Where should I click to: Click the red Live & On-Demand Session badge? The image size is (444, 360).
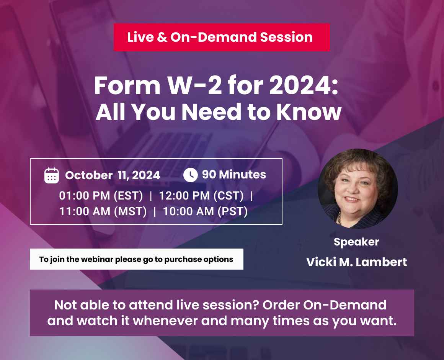coord(221,37)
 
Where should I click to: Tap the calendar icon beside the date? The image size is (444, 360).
coord(52,175)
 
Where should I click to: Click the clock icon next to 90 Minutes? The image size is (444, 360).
coord(190,175)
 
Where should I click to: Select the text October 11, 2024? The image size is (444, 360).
coord(113,175)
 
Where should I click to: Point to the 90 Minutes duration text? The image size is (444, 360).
coord(234,175)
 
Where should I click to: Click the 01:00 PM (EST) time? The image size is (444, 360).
coord(101,196)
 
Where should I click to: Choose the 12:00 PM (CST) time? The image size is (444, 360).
coord(201,196)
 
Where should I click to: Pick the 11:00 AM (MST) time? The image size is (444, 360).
coord(103,211)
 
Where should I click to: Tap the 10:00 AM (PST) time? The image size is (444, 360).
coord(205,211)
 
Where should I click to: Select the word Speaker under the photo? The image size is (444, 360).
coord(356,242)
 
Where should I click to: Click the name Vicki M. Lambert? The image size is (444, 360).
coord(356,262)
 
